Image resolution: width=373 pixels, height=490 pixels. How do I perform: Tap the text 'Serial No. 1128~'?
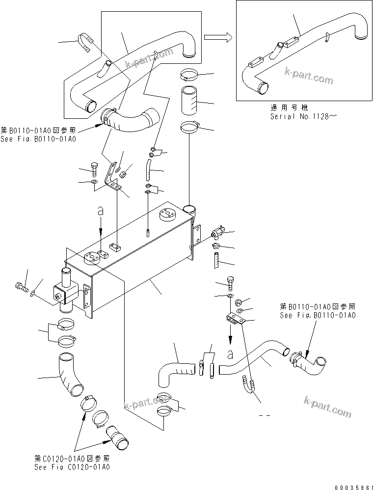point(296,116)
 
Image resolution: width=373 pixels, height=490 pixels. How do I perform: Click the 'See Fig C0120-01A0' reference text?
point(72,466)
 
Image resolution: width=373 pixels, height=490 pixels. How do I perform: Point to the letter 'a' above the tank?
point(101,211)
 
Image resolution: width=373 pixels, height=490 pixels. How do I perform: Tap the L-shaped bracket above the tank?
point(113,176)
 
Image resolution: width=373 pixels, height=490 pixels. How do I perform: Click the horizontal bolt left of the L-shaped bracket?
point(95,169)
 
